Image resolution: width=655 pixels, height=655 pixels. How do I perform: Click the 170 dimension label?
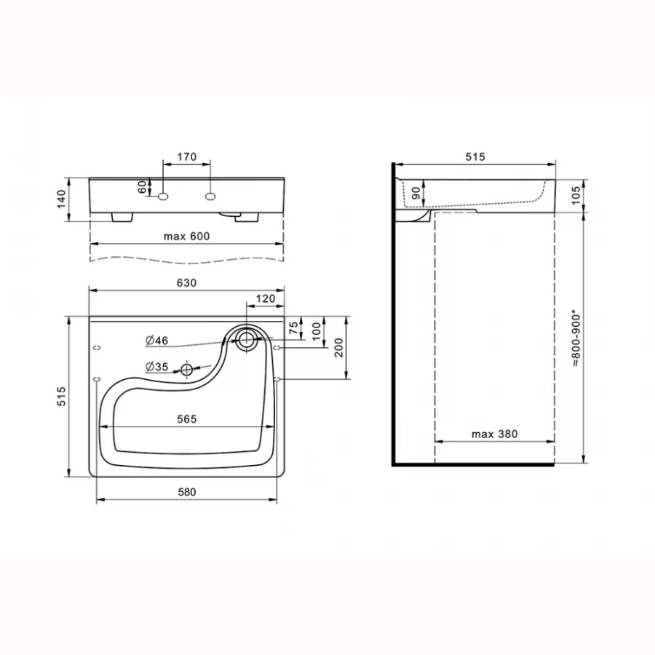pyautogui.click(x=187, y=157)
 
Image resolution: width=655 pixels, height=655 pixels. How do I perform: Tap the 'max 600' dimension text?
pyautogui.click(x=186, y=237)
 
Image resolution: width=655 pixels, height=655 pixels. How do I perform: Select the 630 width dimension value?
pyautogui.click(x=186, y=283)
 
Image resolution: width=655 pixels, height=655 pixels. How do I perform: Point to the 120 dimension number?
pyautogui.click(x=266, y=298)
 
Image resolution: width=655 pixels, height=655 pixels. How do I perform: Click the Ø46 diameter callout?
pyautogui.click(x=156, y=341)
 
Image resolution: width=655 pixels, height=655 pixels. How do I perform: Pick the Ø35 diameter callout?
pyautogui.click(x=156, y=367)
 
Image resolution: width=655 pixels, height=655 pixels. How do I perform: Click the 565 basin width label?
pyautogui.click(x=186, y=419)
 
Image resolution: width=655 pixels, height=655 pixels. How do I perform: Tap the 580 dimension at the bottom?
pyautogui.click(x=187, y=492)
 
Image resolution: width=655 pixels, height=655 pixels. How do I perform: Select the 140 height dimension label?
pyautogui.click(x=61, y=199)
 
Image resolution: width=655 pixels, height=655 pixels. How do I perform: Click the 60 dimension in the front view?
pyautogui.click(x=143, y=187)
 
